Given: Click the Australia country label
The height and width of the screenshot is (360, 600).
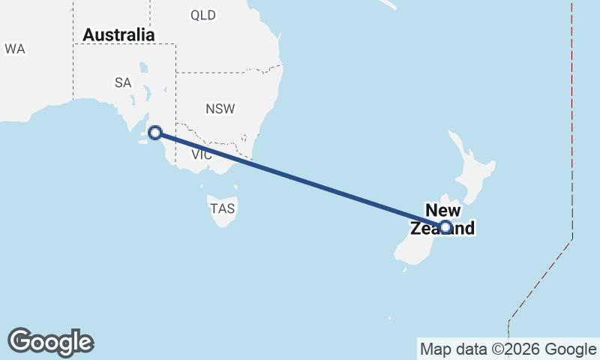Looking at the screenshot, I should click(x=118, y=35).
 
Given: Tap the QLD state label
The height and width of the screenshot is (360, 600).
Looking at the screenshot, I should click(x=202, y=15).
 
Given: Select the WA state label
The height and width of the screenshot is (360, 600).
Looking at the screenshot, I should click(x=15, y=49).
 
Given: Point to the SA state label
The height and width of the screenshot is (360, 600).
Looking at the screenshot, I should click(x=123, y=82).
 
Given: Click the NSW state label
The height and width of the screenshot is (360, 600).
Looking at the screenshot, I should click(x=220, y=109).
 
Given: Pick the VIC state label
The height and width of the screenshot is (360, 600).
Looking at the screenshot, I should click(x=202, y=155).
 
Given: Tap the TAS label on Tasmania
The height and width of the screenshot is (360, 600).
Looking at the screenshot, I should click(x=223, y=209).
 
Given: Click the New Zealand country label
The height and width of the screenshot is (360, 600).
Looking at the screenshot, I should click(x=442, y=219).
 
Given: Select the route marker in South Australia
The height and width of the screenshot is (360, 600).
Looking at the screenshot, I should click(x=155, y=133).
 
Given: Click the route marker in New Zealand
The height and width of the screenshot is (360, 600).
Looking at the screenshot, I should click(x=445, y=226).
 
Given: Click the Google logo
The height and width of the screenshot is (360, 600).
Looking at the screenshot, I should click(x=50, y=341).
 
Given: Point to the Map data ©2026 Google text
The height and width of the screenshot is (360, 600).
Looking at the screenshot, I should click(x=508, y=349).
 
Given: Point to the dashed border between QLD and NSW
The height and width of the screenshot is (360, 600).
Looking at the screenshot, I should click(x=225, y=73).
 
